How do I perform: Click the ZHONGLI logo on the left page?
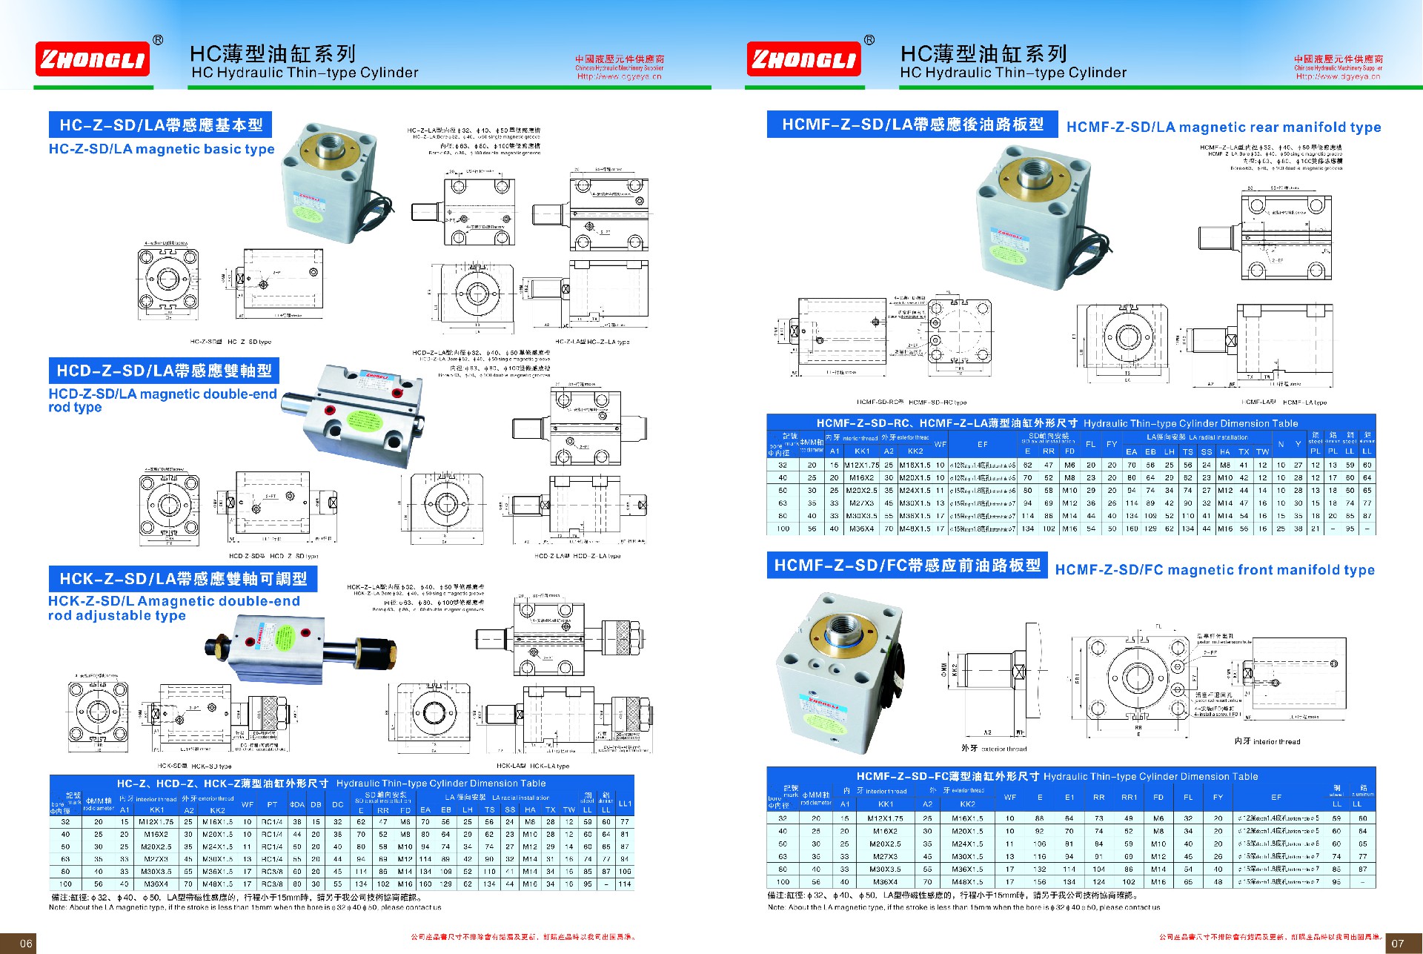coord(92,59)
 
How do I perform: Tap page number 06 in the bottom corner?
coord(26,943)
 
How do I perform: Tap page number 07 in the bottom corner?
coord(1397,943)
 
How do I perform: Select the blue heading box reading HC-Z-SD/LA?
coord(161,125)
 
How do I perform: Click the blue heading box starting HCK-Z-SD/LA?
coord(183,579)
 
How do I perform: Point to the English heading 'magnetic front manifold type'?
coord(1215,570)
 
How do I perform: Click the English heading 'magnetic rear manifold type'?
coord(1224,127)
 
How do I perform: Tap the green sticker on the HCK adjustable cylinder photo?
coord(284,638)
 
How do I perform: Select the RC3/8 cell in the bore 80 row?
coord(272,872)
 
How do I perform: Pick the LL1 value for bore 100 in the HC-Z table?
coord(625,884)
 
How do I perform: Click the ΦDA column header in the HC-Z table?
coord(296,804)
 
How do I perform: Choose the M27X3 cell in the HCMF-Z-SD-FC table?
coord(886,856)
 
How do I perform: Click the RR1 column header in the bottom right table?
coord(1129,798)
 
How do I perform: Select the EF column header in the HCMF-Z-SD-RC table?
coord(982,444)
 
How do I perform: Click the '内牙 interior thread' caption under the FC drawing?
coord(1267,741)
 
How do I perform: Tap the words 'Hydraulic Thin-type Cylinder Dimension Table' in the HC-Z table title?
coord(441,784)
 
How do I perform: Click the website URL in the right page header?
coord(1338,76)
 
